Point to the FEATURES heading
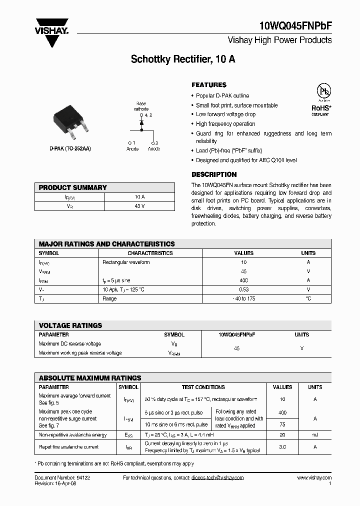209,85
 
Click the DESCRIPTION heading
214,174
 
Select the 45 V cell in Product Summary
139,206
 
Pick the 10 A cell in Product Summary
139,197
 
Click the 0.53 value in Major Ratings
244,289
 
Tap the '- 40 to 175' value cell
244,298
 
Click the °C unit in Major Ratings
308,298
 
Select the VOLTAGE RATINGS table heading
70,325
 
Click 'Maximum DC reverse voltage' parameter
70,343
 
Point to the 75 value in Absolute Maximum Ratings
282,425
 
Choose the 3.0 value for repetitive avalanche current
282,447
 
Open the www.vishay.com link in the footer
314,477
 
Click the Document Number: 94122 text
62,477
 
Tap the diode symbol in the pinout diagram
141,122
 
